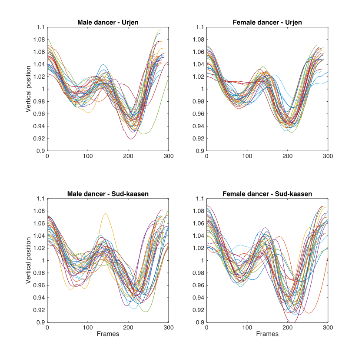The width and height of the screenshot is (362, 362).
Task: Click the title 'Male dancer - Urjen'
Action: pos(108,22)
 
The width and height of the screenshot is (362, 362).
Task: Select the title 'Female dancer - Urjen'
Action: pos(267,22)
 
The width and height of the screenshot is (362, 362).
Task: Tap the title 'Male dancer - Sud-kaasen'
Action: pos(108,194)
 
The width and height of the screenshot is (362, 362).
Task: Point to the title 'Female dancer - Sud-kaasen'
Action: pos(267,194)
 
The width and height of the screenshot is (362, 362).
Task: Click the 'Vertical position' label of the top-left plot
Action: pos(28,89)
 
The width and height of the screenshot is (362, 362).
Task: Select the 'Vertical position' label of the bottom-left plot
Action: pos(28,261)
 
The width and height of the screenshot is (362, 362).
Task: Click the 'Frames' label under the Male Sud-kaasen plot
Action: pos(108,334)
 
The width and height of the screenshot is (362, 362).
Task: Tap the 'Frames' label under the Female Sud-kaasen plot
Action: pos(267,334)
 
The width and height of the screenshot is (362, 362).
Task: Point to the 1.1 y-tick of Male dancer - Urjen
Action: pos(40,27)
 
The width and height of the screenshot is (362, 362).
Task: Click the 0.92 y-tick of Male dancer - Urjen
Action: pos(39,139)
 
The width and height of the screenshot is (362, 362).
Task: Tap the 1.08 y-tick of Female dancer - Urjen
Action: pos(198,40)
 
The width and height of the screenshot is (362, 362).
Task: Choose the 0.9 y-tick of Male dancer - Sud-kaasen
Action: pos(40,322)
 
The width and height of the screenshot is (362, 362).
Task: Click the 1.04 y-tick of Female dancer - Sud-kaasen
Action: pos(198,236)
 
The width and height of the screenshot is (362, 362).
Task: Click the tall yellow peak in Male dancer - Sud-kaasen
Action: pos(105,214)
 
